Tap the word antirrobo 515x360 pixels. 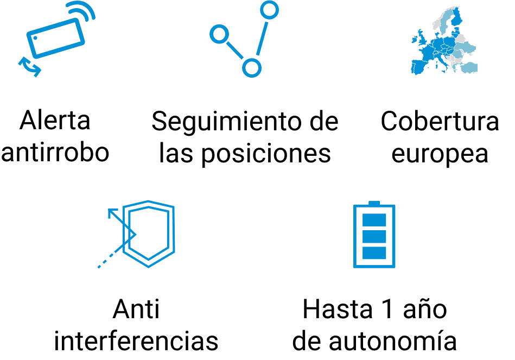tap(55, 153)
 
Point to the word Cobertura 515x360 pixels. tap(440, 122)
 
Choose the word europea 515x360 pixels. tap(440, 154)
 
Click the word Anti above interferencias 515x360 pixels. tap(136, 310)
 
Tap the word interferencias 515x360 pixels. tap(136, 342)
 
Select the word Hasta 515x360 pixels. tap(333, 310)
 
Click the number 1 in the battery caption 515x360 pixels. tap(382, 310)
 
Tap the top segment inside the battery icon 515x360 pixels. tap(373, 220)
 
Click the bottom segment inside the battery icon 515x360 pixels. tap(373, 253)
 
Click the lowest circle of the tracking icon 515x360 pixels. tap(251, 67)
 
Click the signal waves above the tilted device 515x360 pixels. tap(83, 14)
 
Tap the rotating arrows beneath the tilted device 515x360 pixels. tap(29, 66)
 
